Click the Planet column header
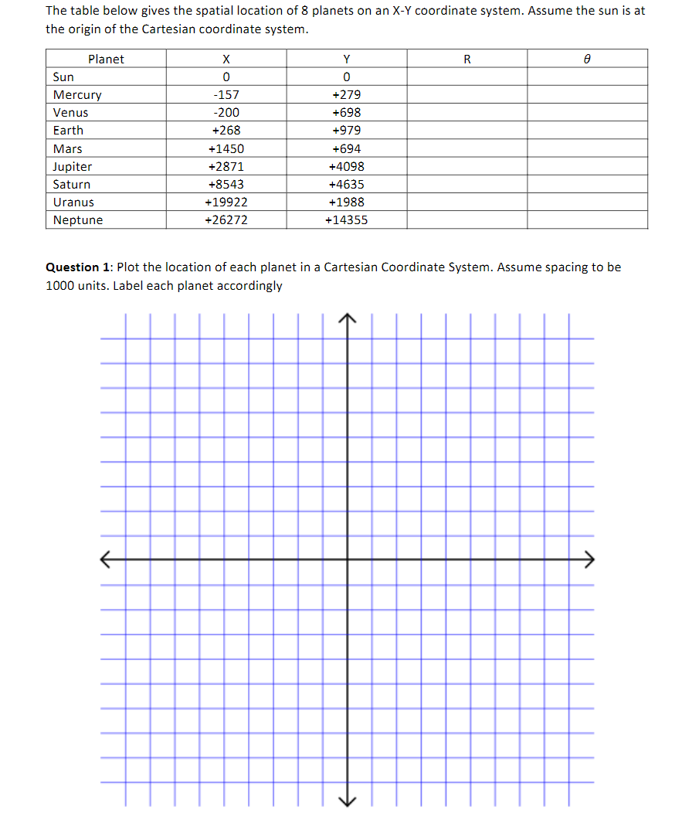click(x=106, y=60)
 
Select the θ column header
click(x=587, y=60)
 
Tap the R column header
click(x=467, y=60)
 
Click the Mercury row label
click(x=77, y=95)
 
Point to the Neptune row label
click(x=78, y=220)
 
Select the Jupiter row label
click(x=73, y=167)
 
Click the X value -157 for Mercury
click(x=226, y=95)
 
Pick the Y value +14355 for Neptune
click(x=346, y=220)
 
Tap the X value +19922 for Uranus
click(x=226, y=202)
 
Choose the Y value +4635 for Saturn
click(x=346, y=185)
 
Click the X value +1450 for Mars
click(x=226, y=149)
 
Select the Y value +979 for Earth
click(x=346, y=131)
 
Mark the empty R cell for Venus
click(x=467, y=113)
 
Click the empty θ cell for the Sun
click(x=587, y=77)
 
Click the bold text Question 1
click(x=79, y=267)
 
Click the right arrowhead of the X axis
click(x=590, y=558)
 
